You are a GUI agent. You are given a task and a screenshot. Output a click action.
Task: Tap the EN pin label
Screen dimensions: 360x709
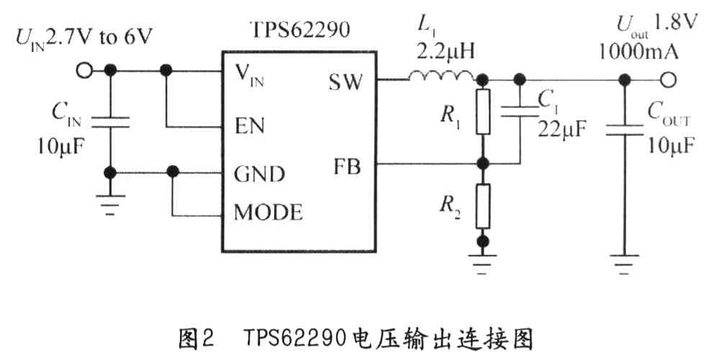[x=250, y=126]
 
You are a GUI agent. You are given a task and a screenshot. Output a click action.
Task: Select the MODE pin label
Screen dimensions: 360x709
[x=268, y=213]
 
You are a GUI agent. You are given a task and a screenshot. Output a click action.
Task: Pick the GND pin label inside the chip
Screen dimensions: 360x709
[x=259, y=174]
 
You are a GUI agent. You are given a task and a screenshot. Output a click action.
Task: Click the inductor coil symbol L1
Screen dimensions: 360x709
[x=441, y=74]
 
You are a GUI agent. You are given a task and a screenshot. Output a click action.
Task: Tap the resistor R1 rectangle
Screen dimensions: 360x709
[x=484, y=112]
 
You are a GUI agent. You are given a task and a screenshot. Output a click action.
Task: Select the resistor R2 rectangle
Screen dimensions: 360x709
[x=484, y=204]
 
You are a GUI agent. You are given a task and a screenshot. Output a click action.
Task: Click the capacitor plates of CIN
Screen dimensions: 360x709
[x=110, y=123]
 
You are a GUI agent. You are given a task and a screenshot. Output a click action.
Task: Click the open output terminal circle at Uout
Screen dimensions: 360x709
[x=669, y=80]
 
